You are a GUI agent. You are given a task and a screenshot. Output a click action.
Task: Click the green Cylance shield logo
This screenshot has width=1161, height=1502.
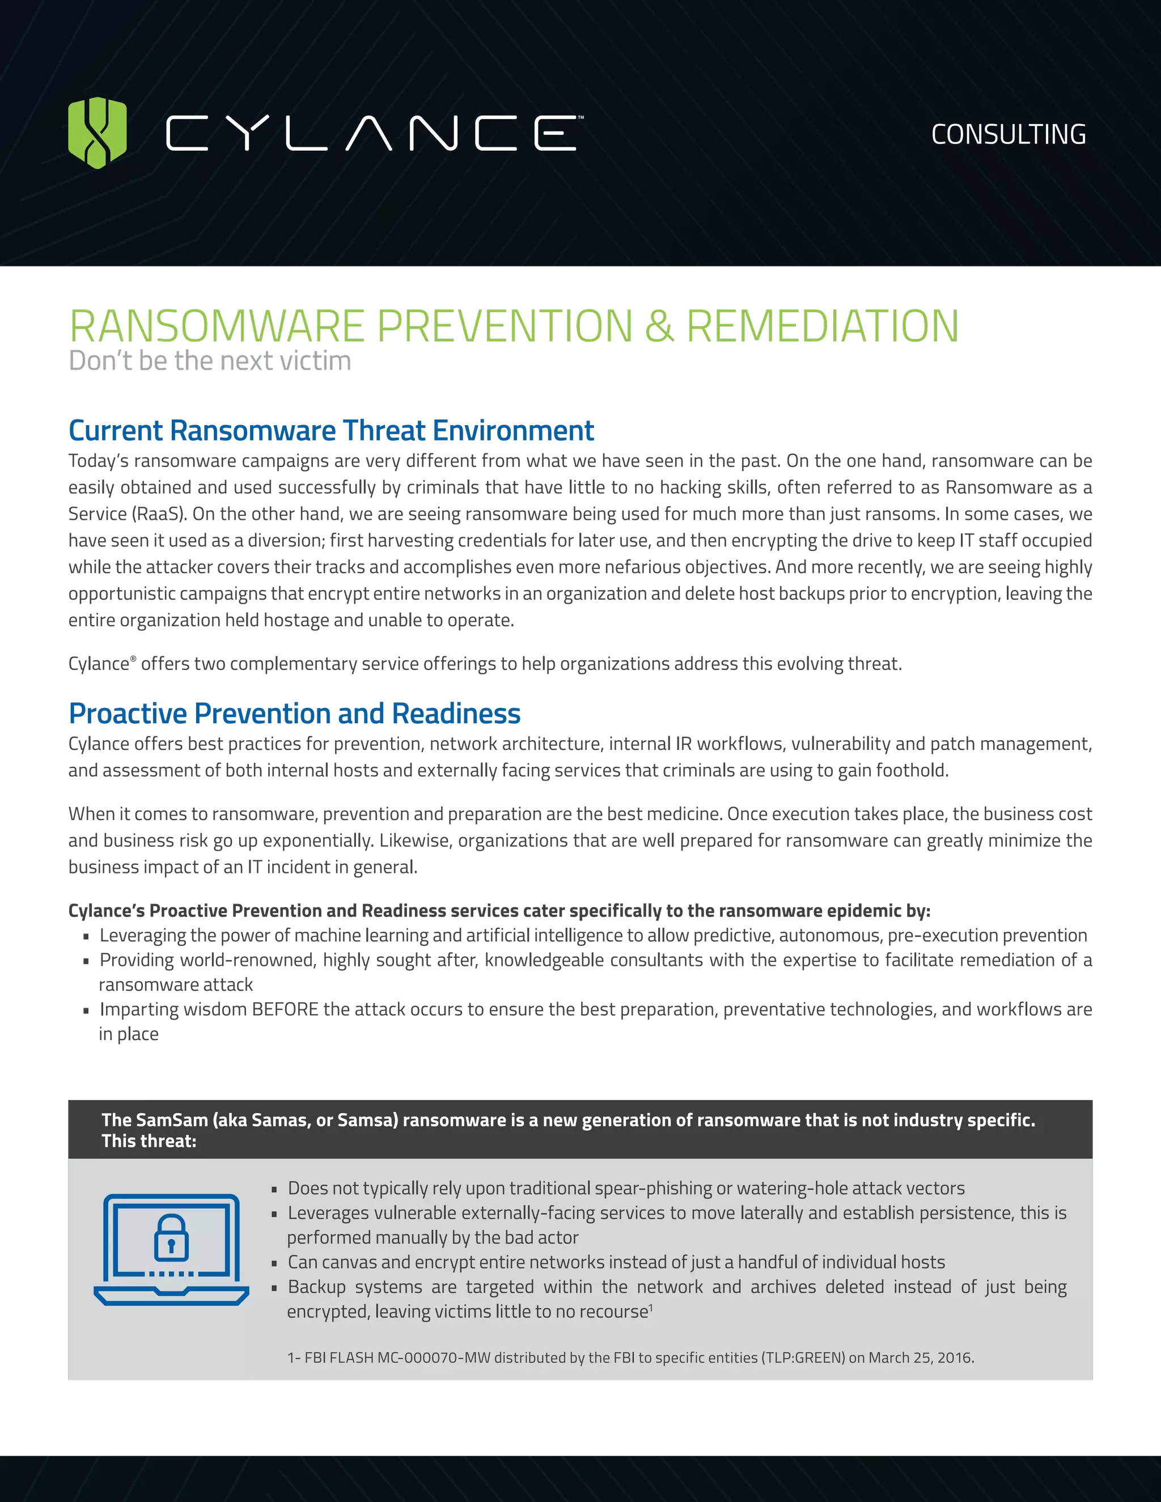coord(98,133)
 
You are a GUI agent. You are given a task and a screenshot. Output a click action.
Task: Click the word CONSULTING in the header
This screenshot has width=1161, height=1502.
coord(1009,135)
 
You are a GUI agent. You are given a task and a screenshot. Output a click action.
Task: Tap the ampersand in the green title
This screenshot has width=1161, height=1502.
coord(659,326)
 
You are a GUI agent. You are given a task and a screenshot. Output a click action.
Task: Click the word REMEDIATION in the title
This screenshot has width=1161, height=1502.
coord(822,326)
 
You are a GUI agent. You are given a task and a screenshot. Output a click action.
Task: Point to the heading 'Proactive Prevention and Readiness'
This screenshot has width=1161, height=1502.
coord(294,714)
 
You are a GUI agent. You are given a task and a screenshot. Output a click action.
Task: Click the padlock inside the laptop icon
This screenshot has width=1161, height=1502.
coord(171,1237)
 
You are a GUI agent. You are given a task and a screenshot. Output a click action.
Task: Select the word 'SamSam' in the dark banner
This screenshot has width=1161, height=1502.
coord(171,1121)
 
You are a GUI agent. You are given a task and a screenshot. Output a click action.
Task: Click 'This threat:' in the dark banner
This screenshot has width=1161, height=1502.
coord(149,1141)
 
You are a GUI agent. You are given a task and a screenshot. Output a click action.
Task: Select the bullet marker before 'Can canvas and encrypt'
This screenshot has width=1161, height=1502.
coord(274,1263)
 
